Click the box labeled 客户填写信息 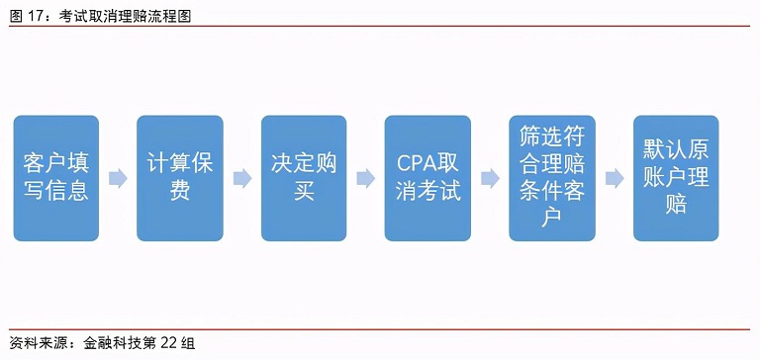point(56,178)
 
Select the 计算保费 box point(180,178)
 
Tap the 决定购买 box point(304,178)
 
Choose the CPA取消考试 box point(427,178)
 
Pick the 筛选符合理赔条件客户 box point(552,178)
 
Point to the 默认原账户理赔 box point(677,178)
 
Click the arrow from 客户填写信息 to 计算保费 point(119,178)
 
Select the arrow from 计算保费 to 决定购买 point(242,178)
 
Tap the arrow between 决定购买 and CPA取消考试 point(366,178)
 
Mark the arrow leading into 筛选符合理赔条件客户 point(490,178)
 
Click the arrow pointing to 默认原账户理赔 point(615,178)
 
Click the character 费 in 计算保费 point(180,191)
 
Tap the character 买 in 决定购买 point(304,191)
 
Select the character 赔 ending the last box point(677,204)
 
